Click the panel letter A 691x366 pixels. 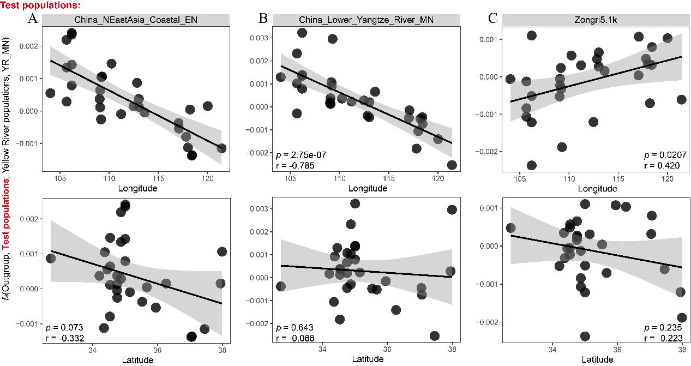click(32, 19)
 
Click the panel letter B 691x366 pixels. click(263, 19)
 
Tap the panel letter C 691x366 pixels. click(492, 19)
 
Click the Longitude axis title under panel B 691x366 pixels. click(366, 188)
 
